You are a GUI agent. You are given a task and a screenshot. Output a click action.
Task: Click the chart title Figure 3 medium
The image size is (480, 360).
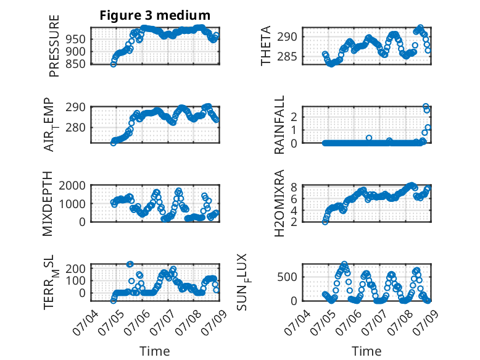[x=155, y=15]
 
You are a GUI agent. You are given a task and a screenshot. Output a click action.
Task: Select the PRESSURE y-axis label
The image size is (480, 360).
[x=54, y=46]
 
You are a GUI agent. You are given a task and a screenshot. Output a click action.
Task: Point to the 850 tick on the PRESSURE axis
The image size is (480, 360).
[x=76, y=64]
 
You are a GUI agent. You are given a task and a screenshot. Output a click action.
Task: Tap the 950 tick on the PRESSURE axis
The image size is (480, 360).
[x=76, y=40]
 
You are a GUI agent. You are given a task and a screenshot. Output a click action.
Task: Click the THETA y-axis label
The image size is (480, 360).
[x=266, y=46]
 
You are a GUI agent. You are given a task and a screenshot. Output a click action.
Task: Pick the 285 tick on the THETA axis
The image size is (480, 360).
[x=287, y=57]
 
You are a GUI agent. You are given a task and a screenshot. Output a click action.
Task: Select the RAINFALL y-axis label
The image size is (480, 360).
[x=279, y=125]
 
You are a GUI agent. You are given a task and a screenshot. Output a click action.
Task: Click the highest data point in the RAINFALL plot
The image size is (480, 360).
[x=426, y=106]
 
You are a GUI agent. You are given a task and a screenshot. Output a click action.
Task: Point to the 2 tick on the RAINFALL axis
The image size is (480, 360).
[x=294, y=117]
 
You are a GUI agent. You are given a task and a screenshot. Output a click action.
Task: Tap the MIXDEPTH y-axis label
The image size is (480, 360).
[x=48, y=204]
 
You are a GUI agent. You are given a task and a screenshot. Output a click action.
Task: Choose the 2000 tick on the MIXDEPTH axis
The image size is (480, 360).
[x=72, y=185]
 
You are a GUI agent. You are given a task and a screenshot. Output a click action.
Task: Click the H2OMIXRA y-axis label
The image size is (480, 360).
[x=279, y=203]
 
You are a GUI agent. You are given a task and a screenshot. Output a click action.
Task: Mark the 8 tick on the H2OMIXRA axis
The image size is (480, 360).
[x=294, y=187]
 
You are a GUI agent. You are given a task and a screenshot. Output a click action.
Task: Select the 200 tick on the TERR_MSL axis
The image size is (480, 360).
[x=76, y=269]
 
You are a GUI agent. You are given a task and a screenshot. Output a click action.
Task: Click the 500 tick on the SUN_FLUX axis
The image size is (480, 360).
[x=287, y=277]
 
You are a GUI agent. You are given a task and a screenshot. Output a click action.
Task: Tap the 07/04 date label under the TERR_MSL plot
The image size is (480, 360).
[x=85, y=322]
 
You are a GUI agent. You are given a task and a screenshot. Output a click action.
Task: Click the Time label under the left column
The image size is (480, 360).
[x=155, y=351]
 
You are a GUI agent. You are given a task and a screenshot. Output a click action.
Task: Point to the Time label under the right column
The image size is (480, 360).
[x=366, y=351]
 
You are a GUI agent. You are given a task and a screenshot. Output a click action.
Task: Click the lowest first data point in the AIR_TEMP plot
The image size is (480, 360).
[x=114, y=143]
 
